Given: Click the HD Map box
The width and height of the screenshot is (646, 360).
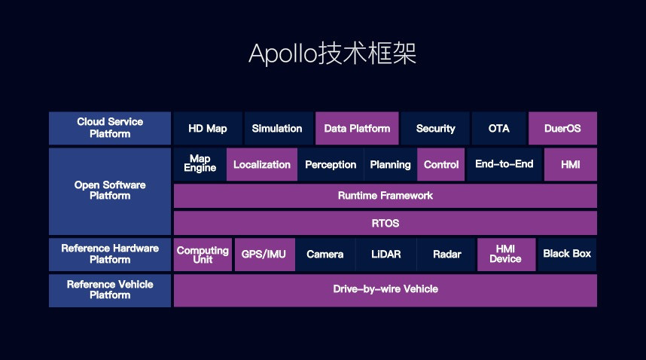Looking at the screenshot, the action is point(208,128).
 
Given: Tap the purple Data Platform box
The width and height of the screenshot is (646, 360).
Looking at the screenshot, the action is point(357,128).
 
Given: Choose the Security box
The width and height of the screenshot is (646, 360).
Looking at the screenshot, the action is point(435,128).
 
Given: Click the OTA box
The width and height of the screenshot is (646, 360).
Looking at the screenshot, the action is point(499,128).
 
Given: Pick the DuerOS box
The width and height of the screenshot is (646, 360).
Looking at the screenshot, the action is point(562,128).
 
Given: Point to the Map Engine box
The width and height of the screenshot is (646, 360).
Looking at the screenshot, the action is point(200,164).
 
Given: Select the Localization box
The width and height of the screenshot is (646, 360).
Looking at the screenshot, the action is point(261,164).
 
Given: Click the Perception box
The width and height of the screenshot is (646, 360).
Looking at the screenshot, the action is point(331,164).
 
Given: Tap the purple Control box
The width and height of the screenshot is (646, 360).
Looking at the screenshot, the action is point(440,164).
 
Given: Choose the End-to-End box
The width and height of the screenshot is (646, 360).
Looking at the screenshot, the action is point(504,164).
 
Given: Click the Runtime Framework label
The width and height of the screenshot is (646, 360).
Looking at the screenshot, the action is point(385,196).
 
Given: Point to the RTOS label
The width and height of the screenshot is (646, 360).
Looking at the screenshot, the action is point(385,223).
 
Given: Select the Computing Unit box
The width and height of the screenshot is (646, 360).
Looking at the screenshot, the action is point(203,255).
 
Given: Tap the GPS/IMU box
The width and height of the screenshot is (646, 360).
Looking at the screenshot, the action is point(264,255).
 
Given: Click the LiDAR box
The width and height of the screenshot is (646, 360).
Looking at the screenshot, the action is point(386,255).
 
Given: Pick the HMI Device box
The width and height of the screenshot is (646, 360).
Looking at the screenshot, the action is point(506,255).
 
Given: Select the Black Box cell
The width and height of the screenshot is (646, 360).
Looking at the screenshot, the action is point(567,255).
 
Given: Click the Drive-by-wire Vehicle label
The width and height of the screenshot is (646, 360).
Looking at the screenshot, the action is point(385,289).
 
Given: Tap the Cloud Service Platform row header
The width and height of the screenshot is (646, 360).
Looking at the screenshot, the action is point(110,128).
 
